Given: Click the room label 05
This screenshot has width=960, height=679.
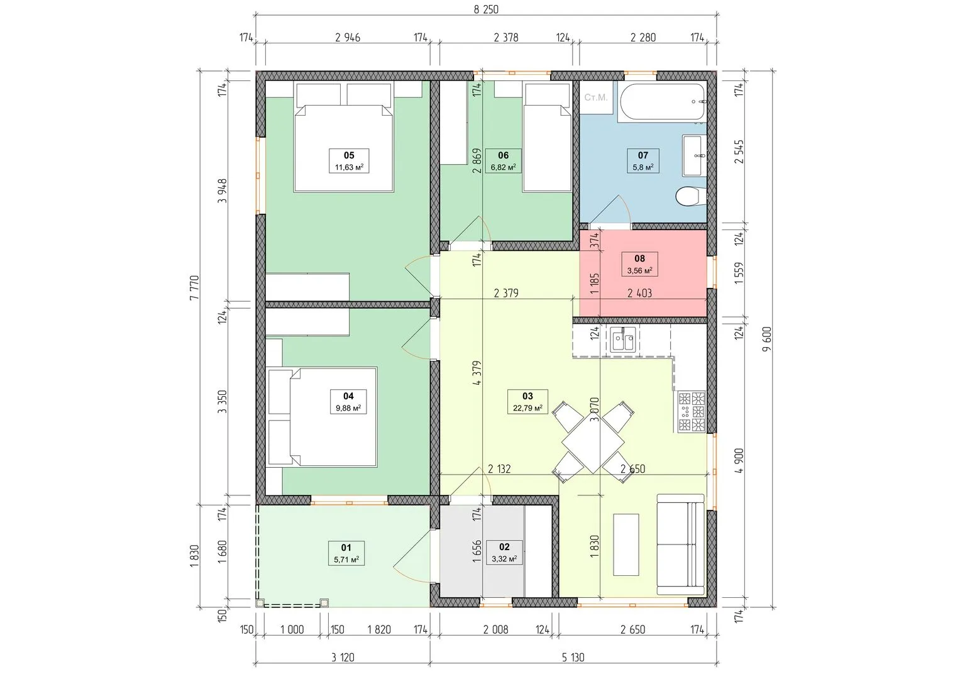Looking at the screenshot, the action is point(349,155).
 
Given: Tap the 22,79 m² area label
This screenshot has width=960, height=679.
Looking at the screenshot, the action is point(527,407).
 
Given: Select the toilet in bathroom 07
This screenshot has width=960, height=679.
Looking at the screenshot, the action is point(690,197).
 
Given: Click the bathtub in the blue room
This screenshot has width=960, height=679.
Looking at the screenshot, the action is point(662,101).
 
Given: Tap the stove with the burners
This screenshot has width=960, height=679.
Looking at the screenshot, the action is point(692,411).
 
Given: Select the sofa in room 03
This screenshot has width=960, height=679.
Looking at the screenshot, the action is point(681,544).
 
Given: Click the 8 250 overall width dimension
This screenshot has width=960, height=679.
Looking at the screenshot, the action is point(486,9).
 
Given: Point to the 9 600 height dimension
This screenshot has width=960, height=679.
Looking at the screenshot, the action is point(767,339).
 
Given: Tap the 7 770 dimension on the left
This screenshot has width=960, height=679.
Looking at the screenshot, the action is point(194,287).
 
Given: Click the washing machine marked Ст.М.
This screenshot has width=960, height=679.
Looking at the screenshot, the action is point(596,97).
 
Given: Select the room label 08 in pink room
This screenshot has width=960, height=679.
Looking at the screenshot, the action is point(639,258).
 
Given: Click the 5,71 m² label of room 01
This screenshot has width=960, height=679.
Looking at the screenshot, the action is point(346,559).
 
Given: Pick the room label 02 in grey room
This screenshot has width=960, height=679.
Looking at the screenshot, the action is point(504,546).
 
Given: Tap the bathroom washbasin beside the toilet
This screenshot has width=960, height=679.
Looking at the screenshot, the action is point(694,155).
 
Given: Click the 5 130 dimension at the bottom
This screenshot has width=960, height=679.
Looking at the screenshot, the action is point(573,657).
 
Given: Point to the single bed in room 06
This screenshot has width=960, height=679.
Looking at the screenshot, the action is point(547,137).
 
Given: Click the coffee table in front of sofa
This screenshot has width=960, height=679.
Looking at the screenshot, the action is point(626,544).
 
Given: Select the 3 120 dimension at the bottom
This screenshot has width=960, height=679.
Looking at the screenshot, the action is point(343,657).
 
